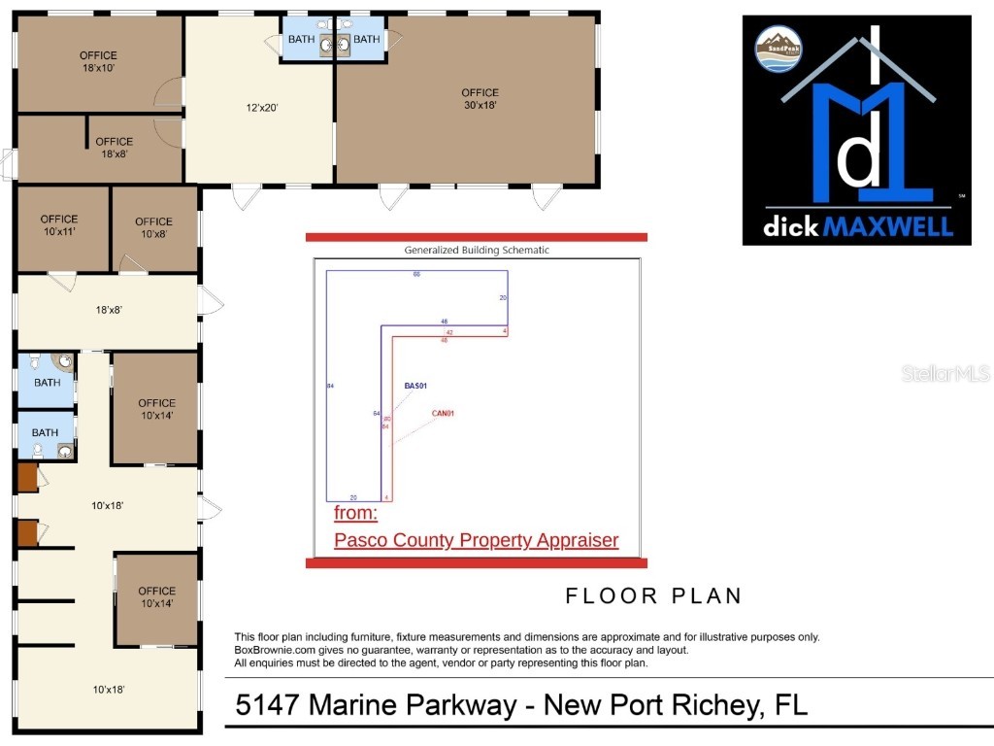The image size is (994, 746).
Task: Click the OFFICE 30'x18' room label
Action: (480, 99)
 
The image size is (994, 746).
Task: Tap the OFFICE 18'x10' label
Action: (99, 62)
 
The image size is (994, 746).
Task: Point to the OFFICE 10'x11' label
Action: (59, 225)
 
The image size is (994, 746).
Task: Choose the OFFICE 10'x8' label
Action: (153, 227)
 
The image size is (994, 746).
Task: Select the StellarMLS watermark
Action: (944, 374)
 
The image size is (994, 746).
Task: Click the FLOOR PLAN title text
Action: (653, 595)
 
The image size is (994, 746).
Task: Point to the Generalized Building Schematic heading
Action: (477, 250)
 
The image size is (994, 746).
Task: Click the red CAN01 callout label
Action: (443, 413)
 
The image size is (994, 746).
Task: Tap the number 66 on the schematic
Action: (416, 275)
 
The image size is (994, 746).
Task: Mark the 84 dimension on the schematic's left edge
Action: (331, 387)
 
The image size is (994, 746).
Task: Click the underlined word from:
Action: (355, 513)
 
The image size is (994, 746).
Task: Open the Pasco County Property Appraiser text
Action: (476, 540)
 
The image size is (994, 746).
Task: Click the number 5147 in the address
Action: (266, 705)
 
